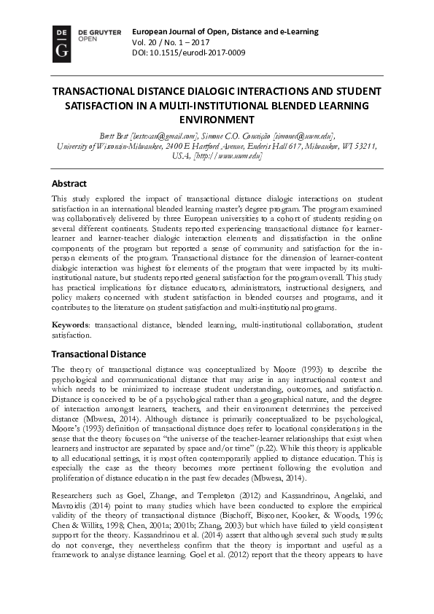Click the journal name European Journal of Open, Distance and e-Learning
pyautogui.click(x=225, y=31)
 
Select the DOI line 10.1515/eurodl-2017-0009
pyautogui.click(x=188, y=53)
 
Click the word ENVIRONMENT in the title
pyautogui.click(x=217, y=120)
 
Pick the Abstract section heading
pyautogui.click(x=69, y=184)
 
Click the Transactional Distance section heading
pyautogui.click(x=98, y=354)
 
